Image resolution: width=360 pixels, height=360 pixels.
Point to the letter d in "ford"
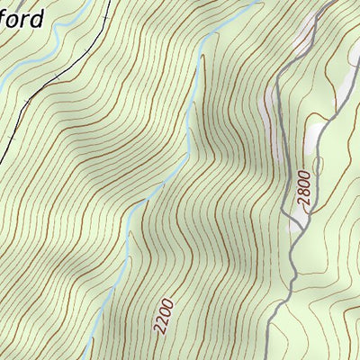click(37, 18)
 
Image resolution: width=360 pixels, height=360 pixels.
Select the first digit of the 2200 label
click(159, 329)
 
